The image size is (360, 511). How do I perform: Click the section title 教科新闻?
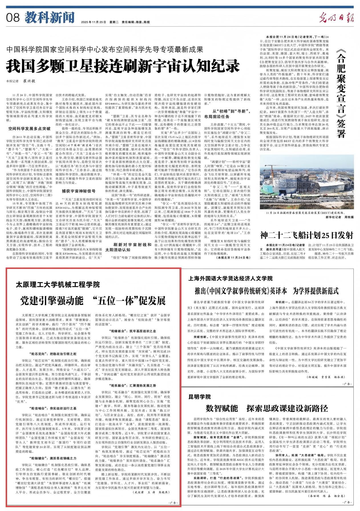point(49,18)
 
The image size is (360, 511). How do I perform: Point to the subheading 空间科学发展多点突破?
point(29,129)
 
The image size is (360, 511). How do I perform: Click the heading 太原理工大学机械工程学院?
point(58,284)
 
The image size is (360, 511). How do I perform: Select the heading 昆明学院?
point(199,397)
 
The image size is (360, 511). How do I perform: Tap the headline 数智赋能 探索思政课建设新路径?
point(267,408)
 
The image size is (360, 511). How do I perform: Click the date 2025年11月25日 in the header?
point(93,22)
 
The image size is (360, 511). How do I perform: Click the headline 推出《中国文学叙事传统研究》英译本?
point(240,291)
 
